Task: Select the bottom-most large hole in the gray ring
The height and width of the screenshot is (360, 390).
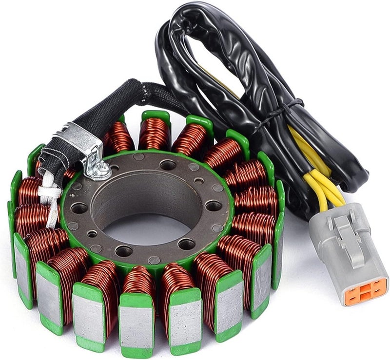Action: [x=123, y=251]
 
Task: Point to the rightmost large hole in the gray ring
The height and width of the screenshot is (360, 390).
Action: [x=213, y=206]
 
